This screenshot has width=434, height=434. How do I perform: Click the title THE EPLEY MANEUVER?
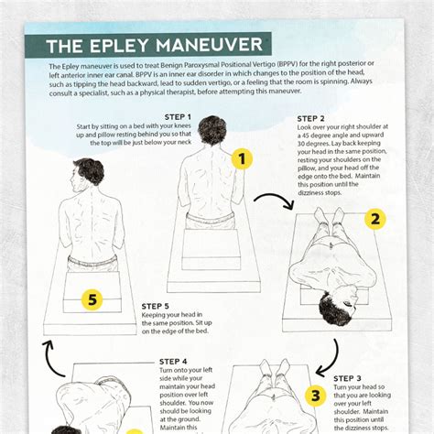(x=147, y=45)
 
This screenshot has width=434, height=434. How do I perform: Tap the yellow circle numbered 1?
(x=241, y=159)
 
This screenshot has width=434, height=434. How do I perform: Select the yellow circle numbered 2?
(x=374, y=219)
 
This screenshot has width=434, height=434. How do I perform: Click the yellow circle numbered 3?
(x=315, y=396)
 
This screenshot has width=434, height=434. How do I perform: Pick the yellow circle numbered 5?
(x=91, y=298)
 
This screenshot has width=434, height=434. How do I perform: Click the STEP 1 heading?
(x=177, y=117)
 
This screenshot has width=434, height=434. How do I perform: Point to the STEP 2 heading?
(x=311, y=119)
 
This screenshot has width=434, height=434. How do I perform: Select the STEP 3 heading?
(x=347, y=378)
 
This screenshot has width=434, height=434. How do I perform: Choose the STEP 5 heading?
(x=156, y=306)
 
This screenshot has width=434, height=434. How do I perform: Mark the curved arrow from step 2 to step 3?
(x=329, y=357)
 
